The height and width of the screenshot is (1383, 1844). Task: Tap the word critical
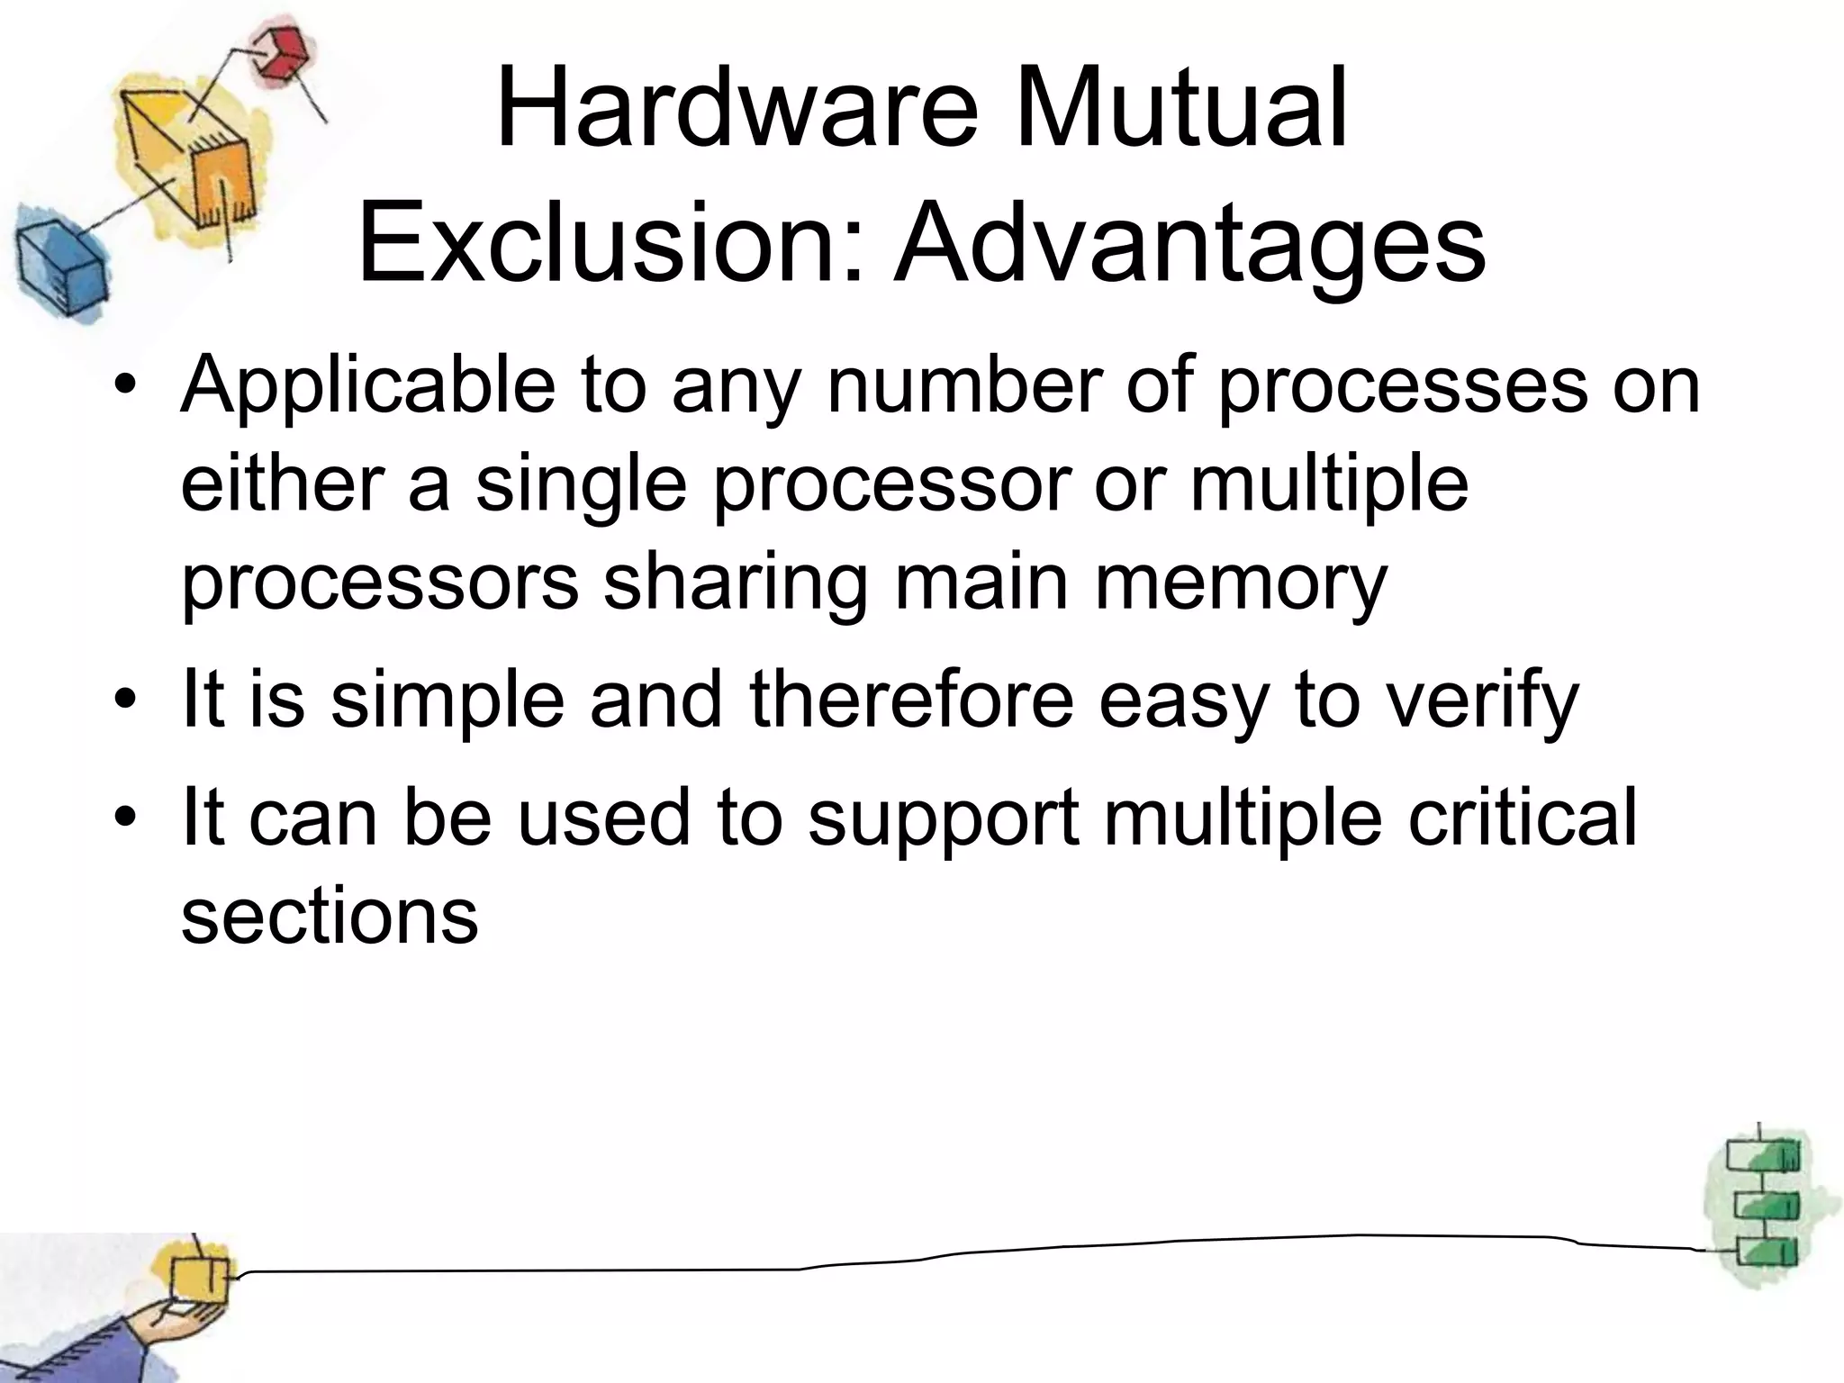pyautogui.click(x=1521, y=817)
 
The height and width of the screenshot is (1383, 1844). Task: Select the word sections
pyautogui.click(x=330, y=916)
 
